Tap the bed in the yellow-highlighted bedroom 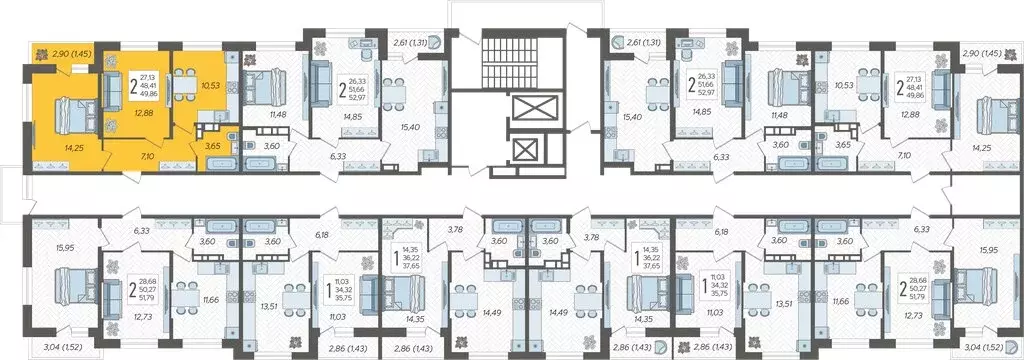(x=54, y=104)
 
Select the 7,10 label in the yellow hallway (x=147, y=157)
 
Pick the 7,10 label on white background (x=878, y=156)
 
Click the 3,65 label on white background (x=844, y=146)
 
